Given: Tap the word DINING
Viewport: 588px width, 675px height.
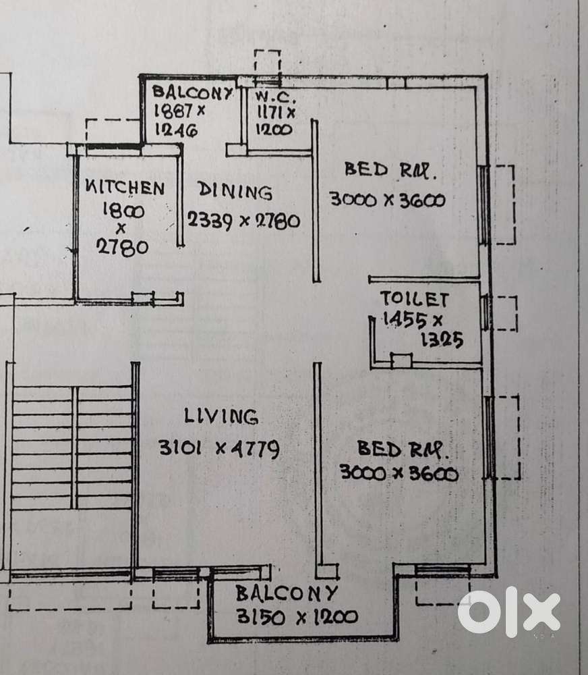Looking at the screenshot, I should (235, 192).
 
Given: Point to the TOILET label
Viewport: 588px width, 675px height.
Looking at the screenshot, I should (413, 299).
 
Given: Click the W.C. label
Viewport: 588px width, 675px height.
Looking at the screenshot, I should (272, 97).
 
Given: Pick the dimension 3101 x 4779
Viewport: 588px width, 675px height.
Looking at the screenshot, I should (218, 448).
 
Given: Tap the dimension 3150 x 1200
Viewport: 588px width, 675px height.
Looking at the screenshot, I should (297, 616).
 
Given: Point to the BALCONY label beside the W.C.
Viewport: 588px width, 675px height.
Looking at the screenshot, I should (192, 92).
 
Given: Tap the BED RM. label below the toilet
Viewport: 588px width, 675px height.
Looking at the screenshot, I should (403, 448).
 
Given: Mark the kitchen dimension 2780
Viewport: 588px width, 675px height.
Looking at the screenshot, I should (122, 247).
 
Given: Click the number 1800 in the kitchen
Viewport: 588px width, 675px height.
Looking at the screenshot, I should (122, 211).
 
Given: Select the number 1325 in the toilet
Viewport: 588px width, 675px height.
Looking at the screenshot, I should (441, 341).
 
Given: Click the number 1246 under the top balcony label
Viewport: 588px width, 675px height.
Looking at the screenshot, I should (176, 131).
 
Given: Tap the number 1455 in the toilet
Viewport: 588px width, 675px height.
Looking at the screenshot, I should (401, 321).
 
